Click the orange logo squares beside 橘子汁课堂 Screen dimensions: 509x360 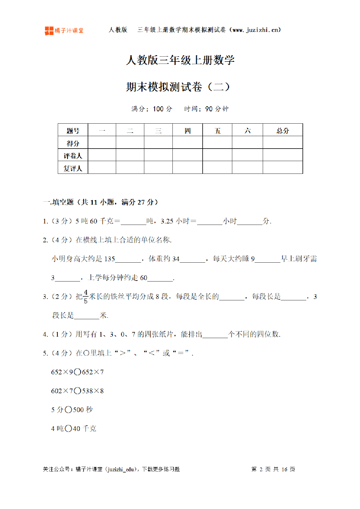click(49, 31)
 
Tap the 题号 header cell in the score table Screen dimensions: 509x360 click(73, 131)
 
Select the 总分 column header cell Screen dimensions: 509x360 click(282, 131)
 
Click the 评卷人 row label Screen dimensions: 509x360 click(73, 156)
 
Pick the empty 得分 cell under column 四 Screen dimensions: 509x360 click(188, 143)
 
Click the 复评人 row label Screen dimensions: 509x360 click(73, 168)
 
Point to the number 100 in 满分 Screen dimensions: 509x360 click(158, 109)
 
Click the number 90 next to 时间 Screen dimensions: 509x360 click(209, 109)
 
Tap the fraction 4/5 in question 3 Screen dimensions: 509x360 click(86, 297)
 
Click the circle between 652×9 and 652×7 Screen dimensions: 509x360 click(78, 372)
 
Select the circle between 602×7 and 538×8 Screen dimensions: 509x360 click(78, 391)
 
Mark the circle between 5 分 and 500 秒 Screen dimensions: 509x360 click(69, 410)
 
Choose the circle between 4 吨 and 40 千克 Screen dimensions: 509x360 click(69, 429)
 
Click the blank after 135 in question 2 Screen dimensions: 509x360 click(128, 259)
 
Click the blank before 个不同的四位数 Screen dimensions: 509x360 click(215, 335)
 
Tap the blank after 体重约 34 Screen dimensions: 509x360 click(192, 259)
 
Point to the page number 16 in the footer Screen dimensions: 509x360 click(284, 469)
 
